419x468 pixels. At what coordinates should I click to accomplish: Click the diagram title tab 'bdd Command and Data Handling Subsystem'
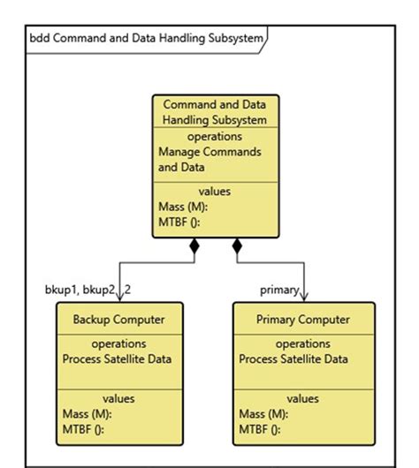141,39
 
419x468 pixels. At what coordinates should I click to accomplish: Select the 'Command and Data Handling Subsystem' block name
216,112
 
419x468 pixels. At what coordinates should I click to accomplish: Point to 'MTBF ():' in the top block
179,222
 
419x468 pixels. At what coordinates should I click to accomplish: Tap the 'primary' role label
278,289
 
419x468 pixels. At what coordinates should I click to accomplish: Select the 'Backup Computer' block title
118,319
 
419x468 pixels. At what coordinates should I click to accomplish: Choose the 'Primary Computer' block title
303,319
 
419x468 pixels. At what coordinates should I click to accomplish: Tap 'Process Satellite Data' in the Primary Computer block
293,359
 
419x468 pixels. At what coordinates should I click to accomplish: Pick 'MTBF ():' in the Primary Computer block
260,428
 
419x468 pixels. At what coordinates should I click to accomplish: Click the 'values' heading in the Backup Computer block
118,398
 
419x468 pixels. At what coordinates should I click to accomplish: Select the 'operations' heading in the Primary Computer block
303,343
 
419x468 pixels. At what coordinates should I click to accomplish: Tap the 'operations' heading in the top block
215,137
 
